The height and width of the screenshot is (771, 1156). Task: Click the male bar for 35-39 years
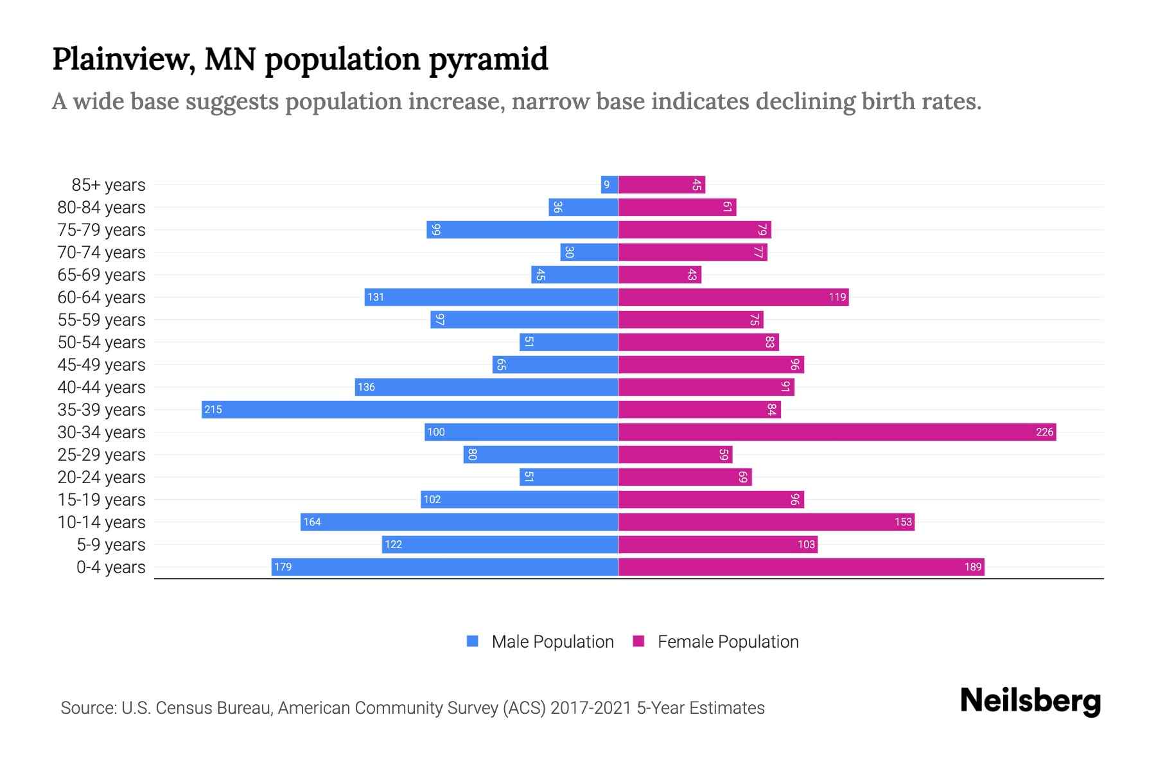pos(410,410)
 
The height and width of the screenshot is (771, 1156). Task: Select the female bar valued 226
pos(837,432)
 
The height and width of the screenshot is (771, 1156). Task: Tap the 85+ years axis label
pos(109,185)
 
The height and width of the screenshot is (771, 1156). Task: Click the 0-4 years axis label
pos(110,567)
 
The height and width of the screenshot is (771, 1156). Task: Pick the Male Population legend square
pos(473,641)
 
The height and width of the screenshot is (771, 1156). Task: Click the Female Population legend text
pos(728,642)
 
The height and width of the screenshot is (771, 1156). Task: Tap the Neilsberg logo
pos(1030,701)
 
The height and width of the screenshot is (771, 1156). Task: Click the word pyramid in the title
pos(488,59)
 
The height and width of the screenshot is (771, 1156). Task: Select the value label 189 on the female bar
pos(973,567)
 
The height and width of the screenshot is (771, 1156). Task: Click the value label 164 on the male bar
pos(312,522)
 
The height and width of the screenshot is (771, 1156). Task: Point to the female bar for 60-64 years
pos(733,297)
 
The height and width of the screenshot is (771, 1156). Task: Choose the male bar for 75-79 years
pos(522,230)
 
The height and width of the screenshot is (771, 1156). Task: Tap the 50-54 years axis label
pos(101,342)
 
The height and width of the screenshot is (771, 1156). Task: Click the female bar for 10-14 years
pos(766,522)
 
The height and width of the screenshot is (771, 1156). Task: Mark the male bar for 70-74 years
pos(589,253)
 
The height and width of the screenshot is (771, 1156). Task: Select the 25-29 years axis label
pos(101,455)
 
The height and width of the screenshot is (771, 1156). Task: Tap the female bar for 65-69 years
pos(660,275)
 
